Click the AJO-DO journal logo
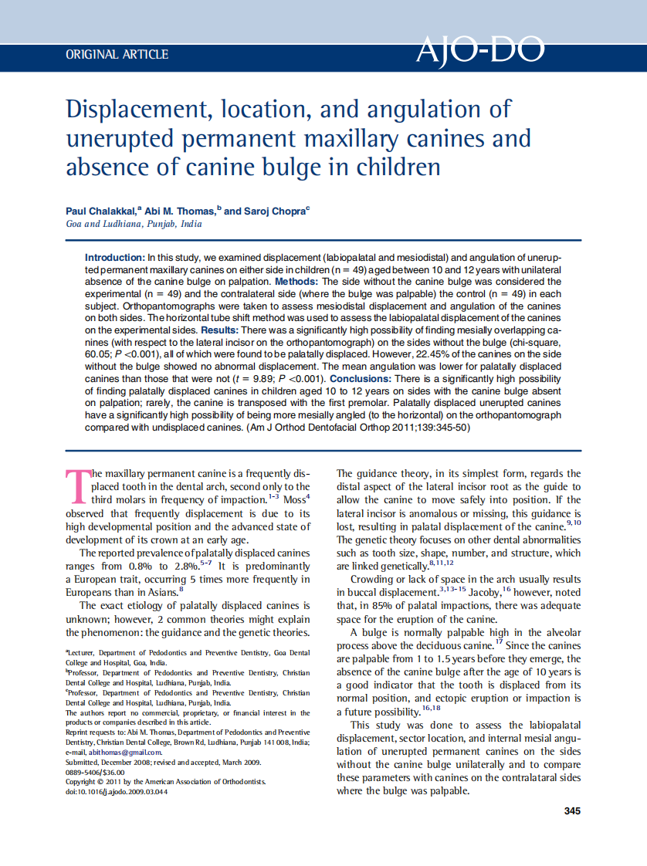coord(479,50)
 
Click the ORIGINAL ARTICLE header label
coord(117,54)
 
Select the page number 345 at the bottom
coord(572,810)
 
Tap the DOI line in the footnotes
coord(117,792)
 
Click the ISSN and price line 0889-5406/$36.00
coord(96,772)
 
